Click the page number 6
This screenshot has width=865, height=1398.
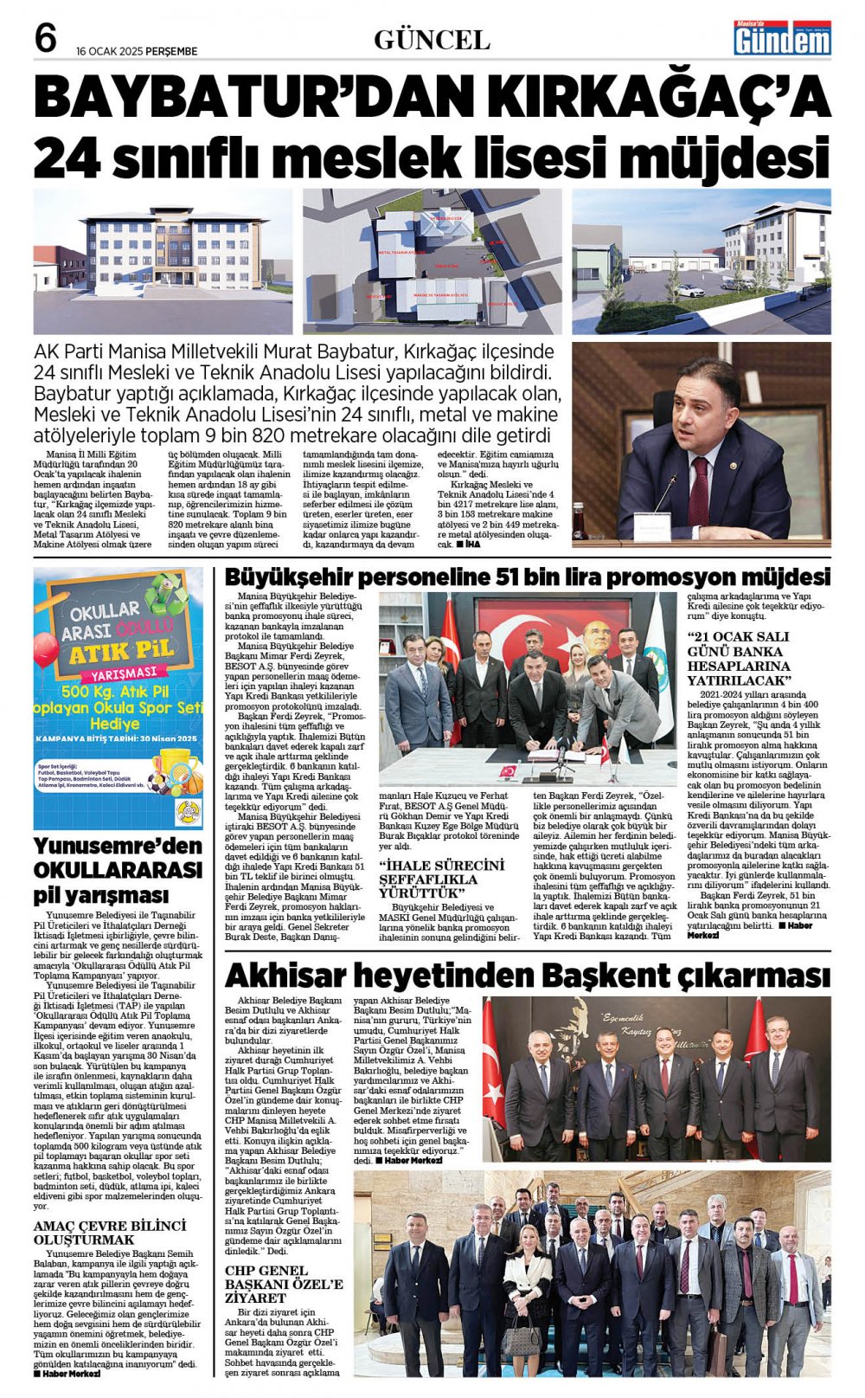point(46,39)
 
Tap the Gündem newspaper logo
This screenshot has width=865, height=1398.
point(782,38)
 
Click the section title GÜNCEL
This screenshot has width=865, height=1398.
point(432,40)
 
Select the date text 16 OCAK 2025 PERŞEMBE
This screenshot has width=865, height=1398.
point(137,51)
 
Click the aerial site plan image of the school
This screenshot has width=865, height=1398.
point(431,261)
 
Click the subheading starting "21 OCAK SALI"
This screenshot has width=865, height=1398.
point(738,659)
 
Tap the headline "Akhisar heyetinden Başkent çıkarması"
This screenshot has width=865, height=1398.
point(527,975)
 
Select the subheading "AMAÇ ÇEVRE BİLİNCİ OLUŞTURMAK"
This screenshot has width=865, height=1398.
point(110,1233)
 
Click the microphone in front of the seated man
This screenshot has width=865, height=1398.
point(664,492)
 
